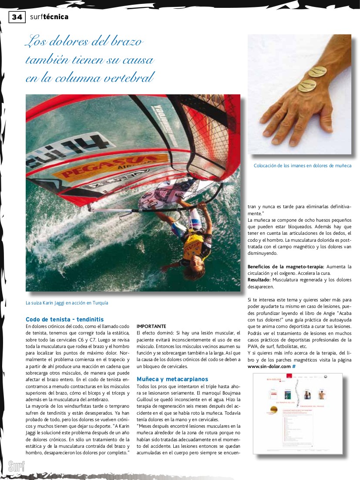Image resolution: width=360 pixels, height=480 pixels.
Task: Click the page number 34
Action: coord(17,17)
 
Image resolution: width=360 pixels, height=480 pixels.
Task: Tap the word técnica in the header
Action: coord(56,17)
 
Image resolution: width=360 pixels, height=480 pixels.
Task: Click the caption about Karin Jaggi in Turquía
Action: coord(67,303)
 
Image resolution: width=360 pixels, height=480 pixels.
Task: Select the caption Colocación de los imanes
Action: coord(302,166)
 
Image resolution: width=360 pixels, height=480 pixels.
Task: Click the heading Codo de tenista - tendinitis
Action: coord(64,319)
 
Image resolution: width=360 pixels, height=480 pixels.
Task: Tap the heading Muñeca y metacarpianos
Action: coord(172,379)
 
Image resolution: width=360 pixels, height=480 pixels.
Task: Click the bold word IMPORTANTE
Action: coord(151,326)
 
